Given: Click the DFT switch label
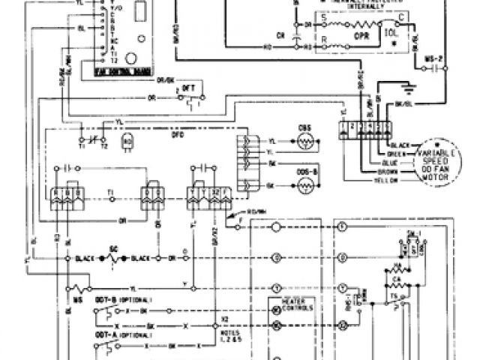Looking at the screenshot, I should [x=187, y=87].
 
